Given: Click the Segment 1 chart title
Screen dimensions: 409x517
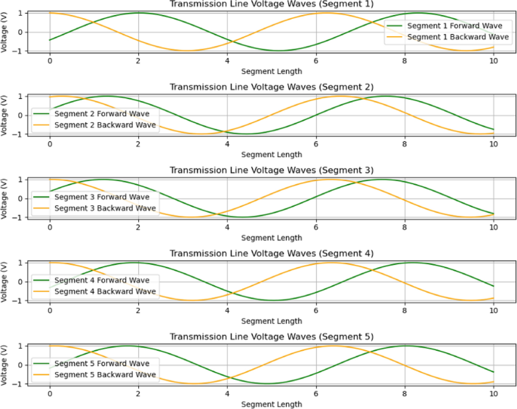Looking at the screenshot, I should [272, 5].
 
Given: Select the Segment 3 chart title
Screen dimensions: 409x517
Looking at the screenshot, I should [272, 170].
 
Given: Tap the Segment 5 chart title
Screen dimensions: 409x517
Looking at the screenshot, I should [272, 336].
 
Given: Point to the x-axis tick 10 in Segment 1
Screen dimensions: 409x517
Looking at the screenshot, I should [494, 61].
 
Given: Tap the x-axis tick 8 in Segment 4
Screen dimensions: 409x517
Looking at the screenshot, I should [405, 310].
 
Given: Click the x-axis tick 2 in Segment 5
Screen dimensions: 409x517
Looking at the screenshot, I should [138, 393].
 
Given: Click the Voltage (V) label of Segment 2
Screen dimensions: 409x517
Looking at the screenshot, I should [5, 115].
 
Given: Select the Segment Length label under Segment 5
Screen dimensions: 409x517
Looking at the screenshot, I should [272, 404].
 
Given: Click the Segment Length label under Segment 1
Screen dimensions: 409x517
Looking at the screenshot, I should [272, 72].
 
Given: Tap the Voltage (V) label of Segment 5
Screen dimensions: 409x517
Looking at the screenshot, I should [5, 364].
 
